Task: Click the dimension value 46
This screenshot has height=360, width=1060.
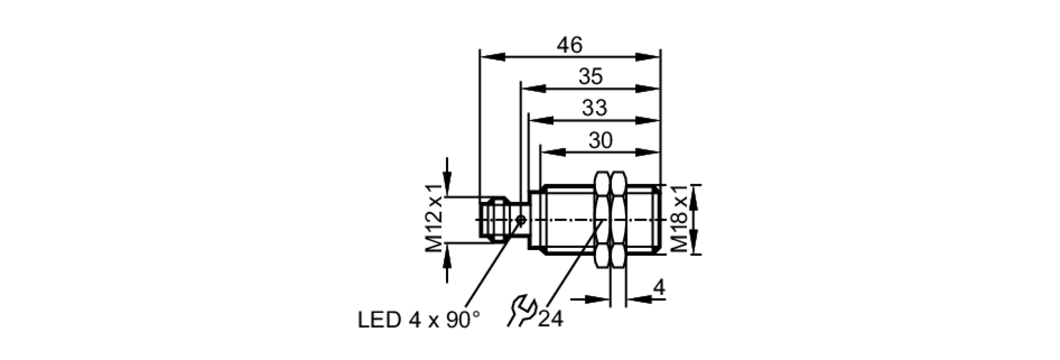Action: pyautogui.click(x=569, y=46)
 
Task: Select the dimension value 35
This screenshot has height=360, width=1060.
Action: pyautogui.click(x=590, y=77)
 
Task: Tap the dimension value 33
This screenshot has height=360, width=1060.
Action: pyautogui.click(x=594, y=108)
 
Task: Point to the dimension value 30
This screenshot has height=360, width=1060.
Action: pyautogui.click(x=600, y=141)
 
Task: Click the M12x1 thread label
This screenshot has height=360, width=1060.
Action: pyautogui.click(x=434, y=218)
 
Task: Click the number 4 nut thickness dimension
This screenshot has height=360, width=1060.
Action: pyautogui.click(x=659, y=288)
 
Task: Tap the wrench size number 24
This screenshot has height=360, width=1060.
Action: pyautogui.click(x=551, y=319)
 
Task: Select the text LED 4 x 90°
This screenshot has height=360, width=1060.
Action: pyautogui.click(x=419, y=320)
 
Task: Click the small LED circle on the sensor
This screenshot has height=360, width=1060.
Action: pyautogui.click(x=521, y=219)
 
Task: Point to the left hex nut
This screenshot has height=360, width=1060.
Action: pyautogui.click(x=602, y=219)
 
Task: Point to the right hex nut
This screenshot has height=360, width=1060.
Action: pyautogui.click(x=617, y=219)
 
